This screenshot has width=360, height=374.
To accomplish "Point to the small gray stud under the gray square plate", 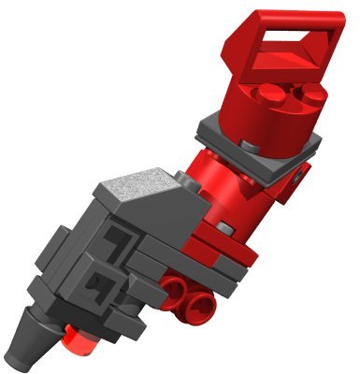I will point(250,146).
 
